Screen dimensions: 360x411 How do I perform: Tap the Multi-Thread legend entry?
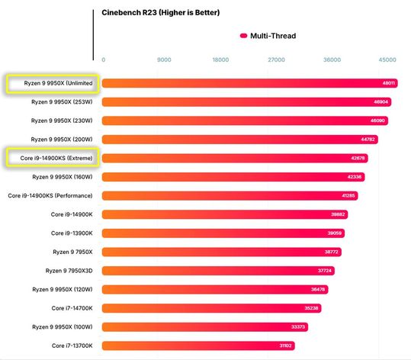coord(267,35)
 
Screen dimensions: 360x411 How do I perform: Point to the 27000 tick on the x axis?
coord(276,59)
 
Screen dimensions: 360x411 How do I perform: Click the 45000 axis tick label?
coord(387,59)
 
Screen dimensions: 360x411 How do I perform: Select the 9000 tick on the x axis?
coord(164,59)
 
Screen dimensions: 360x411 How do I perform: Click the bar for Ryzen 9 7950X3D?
coord(206,271)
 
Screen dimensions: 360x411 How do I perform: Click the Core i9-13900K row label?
coord(72,233)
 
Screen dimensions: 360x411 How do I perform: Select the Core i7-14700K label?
coord(72,308)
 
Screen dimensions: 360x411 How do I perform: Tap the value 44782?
coord(368,140)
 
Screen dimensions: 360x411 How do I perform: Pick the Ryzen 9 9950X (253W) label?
coord(62,101)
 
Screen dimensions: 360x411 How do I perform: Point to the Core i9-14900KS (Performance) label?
coord(50,195)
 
